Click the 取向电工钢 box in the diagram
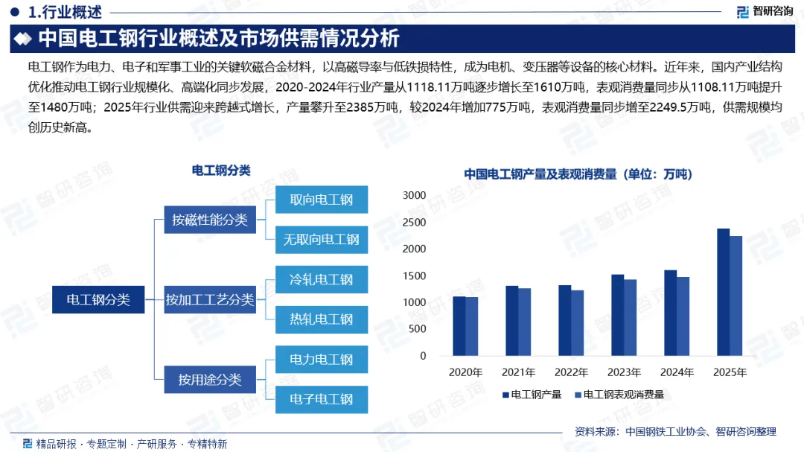[322, 200]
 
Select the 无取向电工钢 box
[322, 240]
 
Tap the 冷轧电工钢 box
[322, 280]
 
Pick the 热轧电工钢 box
[322, 319]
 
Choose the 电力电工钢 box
[322, 360]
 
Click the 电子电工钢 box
[322, 399]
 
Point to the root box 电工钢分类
[98, 300]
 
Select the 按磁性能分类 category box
[210, 220]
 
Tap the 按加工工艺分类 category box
[210, 300]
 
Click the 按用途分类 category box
[210, 380]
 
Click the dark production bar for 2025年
[723, 292]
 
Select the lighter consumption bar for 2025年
[736, 296]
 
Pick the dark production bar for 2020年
[459, 326]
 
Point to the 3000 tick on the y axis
[414, 195]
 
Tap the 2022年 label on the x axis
[571, 372]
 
